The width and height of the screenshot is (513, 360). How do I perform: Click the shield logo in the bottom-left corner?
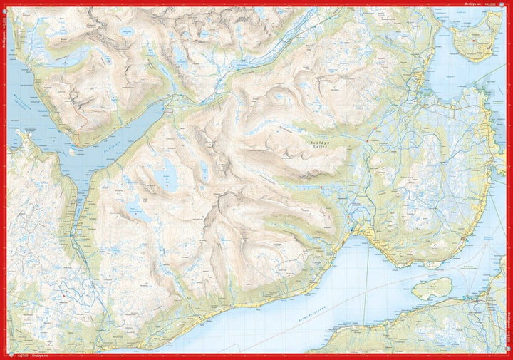[x=5, y=355]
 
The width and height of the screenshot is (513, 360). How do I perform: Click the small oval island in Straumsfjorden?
[x=432, y=288]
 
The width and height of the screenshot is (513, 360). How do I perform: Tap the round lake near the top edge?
[x=128, y=31]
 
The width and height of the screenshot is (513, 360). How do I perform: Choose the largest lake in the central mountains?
[x=170, y=175]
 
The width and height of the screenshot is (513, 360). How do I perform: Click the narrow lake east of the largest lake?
[x=204, y=170]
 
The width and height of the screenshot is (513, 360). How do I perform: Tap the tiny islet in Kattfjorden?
[x=72, y=151]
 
